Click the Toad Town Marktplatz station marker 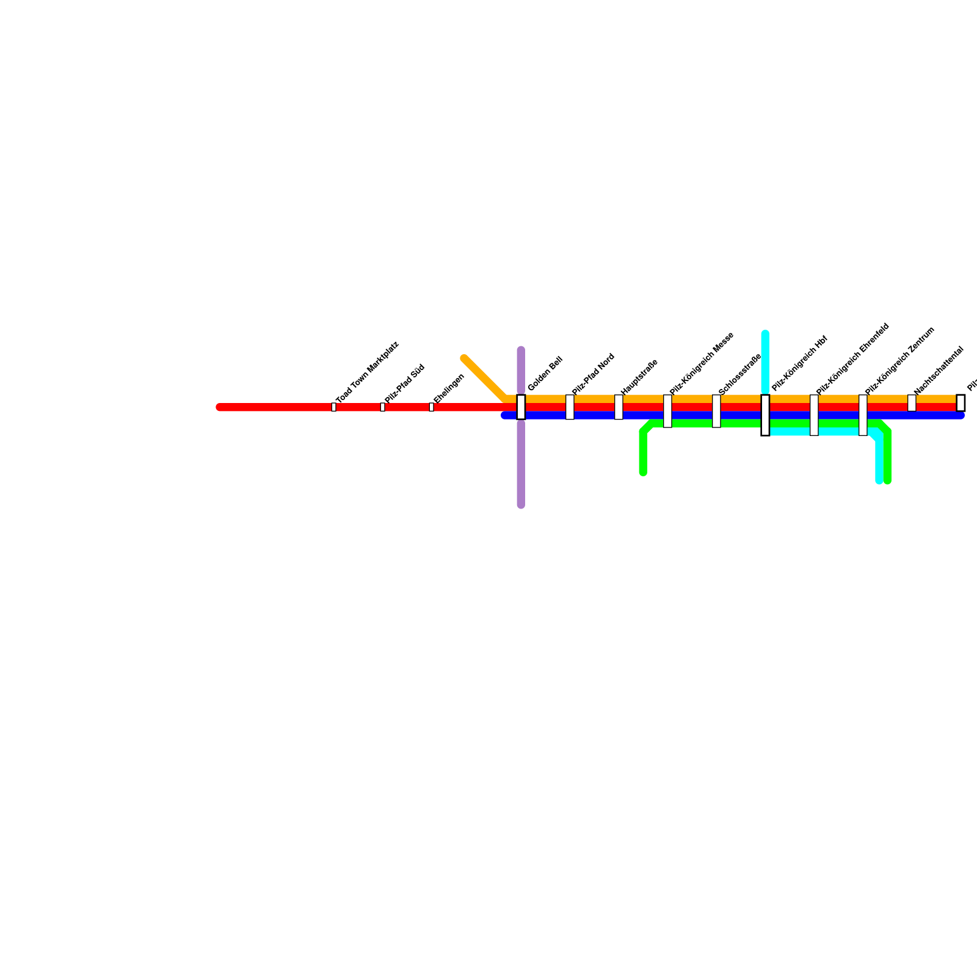pos(333,407)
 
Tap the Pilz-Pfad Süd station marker pos(382,407)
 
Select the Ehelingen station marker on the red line pos(431,407)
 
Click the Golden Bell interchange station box pos(521,407)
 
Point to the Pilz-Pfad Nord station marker pos(570,407)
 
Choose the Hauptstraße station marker pos(619,407)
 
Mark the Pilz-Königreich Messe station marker pos(667,411)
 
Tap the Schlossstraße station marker pos(716,411)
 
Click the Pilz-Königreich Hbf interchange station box pos(765,415)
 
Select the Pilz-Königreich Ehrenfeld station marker pos(814,415)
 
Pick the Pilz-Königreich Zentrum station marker pos(863,415)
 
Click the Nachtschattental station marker pos(912,403)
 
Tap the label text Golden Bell pos(545,374)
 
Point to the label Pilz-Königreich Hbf pos(799,363)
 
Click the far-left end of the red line pos(220,407)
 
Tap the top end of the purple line pos(521,350)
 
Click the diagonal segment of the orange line pos(485,379)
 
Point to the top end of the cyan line pos(765,333)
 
